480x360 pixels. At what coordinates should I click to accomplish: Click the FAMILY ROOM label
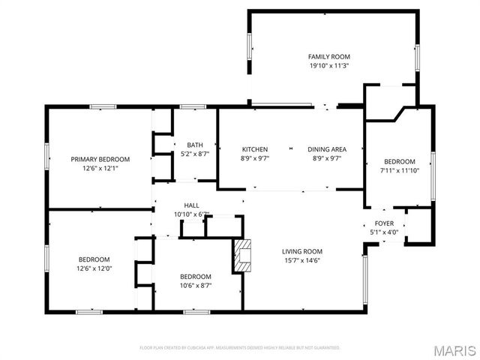point(329,57)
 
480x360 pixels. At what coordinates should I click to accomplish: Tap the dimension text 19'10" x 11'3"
point(329,66)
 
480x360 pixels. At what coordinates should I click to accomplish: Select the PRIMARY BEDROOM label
point(100,159)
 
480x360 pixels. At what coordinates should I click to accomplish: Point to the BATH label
point(195,145)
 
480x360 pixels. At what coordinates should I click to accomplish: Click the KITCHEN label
point(254,149)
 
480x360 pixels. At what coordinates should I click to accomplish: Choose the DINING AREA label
point(327,149)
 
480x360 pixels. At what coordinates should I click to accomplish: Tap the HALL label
point(191,205)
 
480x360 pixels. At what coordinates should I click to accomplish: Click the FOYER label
point(384,223)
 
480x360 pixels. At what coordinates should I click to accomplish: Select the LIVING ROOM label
point(301,251)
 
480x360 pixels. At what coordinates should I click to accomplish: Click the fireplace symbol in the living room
point(242,254)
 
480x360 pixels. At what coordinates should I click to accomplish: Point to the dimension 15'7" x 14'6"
point(301,260)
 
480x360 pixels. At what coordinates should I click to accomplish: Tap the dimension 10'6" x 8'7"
point(195,286)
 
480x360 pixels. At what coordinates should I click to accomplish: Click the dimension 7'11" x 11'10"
point(400,171)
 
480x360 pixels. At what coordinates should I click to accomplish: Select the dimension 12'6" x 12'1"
point(100,168)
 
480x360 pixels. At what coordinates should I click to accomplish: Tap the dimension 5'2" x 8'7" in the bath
point(195,154)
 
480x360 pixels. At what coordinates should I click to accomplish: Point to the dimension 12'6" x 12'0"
point(94,268)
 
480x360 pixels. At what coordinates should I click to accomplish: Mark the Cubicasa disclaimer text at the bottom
point(240,348)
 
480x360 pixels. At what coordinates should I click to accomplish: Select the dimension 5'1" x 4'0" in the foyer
point(384,232)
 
